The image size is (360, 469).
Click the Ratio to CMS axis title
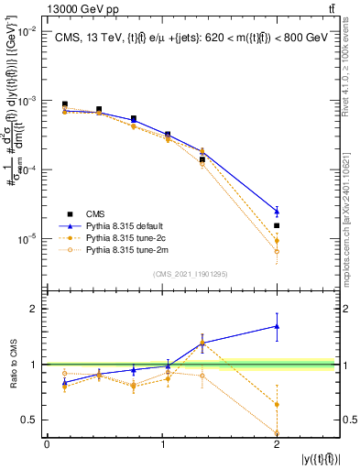[13, 364]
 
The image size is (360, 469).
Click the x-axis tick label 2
[277, 444]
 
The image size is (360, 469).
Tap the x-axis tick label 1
[162, 444]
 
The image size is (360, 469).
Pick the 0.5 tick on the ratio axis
[30, 420]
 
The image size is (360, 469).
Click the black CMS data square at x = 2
[277, 225]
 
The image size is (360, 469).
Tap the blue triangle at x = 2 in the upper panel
[277, 212]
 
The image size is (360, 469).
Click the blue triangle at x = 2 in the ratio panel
[277, 326]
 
